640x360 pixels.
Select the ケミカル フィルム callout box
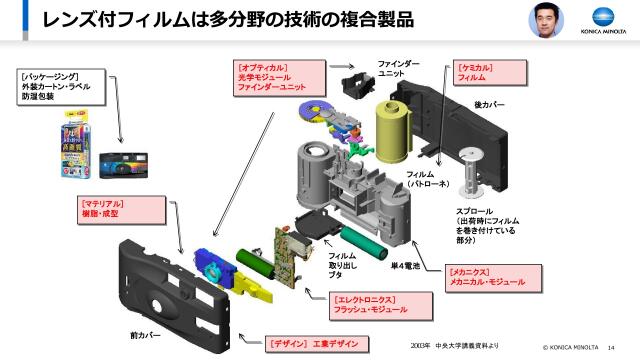[x=481, y=71]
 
